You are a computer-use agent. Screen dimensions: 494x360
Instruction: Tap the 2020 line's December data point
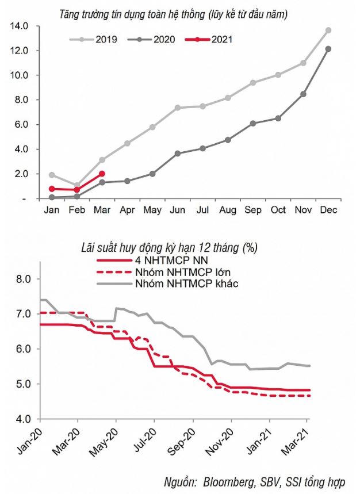pyautogui.click(x=328, y=49)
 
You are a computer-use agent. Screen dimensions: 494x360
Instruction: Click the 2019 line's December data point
pyautogui.click(x=328, y=30)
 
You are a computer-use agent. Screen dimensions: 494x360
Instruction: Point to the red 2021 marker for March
pyautogui.click(x=102, y=174)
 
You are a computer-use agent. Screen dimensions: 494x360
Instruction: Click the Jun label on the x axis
pyautogui.click(x=178, y=210)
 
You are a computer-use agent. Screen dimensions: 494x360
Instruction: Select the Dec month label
pyautogui.click(x=328, y=210)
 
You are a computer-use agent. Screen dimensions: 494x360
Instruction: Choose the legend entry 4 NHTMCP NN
pyautogui.click(x=169, y=261)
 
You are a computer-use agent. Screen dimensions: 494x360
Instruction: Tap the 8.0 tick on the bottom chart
pyautogui.click(x=28, y=279)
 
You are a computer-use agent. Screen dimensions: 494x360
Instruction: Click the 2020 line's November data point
pyautogui.click(x=303, y=94)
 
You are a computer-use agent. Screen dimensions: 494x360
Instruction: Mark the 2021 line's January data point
pyautogui.click(x=52, y=189)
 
